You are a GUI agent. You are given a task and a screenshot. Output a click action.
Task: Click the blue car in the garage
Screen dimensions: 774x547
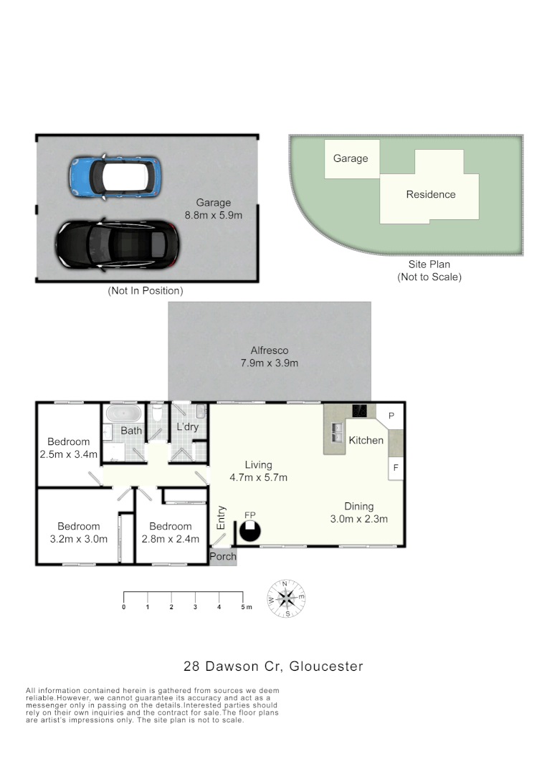tap(114, 176)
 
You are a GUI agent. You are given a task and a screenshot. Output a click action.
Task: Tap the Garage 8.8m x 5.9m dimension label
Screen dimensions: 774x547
tap(214, 209)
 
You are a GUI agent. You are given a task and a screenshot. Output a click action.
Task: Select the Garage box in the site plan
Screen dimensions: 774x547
tap(351, 159)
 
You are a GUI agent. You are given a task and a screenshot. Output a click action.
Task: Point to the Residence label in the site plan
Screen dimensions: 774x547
tap(431, 194)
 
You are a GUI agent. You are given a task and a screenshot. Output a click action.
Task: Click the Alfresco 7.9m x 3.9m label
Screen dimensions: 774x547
tap(270, 357)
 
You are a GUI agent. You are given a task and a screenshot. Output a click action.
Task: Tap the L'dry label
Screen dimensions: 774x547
tap(187, 428)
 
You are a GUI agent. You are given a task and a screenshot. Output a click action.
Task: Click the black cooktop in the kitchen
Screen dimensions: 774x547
tap(359, 411)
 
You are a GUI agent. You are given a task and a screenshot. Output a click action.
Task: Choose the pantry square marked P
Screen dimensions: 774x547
tap(391, 416)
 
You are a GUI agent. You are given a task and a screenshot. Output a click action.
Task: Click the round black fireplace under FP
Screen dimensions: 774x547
tap(249, 531)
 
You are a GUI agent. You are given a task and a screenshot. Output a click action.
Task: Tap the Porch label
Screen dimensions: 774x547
tap(223, 556)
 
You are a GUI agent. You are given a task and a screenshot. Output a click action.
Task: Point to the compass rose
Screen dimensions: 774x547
tap(286, 598)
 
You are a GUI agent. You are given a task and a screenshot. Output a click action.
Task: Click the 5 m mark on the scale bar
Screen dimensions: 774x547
tap(243, 607)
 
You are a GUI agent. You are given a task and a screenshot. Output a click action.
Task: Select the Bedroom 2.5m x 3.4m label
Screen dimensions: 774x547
tap(69, 448)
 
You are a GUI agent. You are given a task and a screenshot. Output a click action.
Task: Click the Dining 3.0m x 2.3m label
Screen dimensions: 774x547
tap(358, 513)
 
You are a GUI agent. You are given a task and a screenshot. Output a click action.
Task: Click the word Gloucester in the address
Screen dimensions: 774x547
tap(328, 666)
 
